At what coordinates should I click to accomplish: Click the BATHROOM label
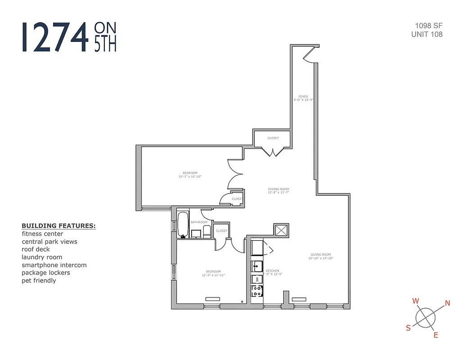pos(199,222)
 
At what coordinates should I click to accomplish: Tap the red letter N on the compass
pos(447,303)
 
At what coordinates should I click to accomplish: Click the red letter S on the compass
pos(408,328)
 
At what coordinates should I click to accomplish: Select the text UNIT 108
pos(426,34)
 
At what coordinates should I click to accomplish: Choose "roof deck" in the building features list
pos(36,249)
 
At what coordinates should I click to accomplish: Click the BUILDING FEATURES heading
pos(59,226)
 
